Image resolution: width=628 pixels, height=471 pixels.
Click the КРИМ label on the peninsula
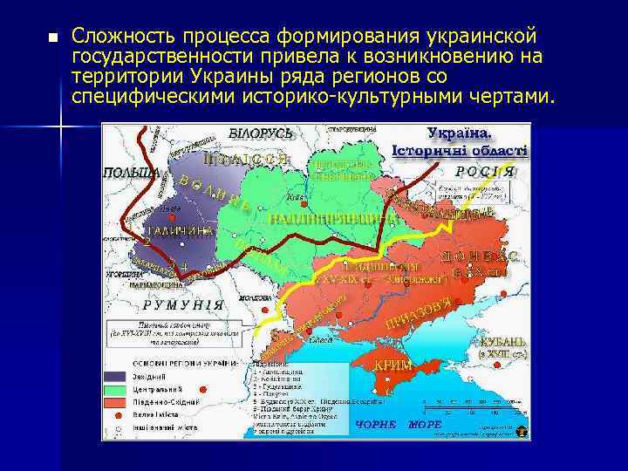(x=392, y=365)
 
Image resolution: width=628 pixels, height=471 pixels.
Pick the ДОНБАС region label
(x=481, y=257)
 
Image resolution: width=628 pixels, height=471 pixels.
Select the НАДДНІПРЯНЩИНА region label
(x=324, y=217)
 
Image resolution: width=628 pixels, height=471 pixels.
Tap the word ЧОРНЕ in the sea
(x=376, y=424)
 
